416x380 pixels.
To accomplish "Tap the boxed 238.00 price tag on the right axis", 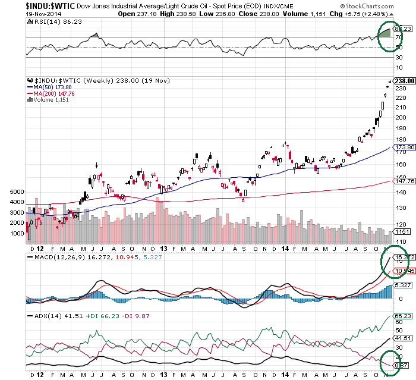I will coord(404,81).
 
